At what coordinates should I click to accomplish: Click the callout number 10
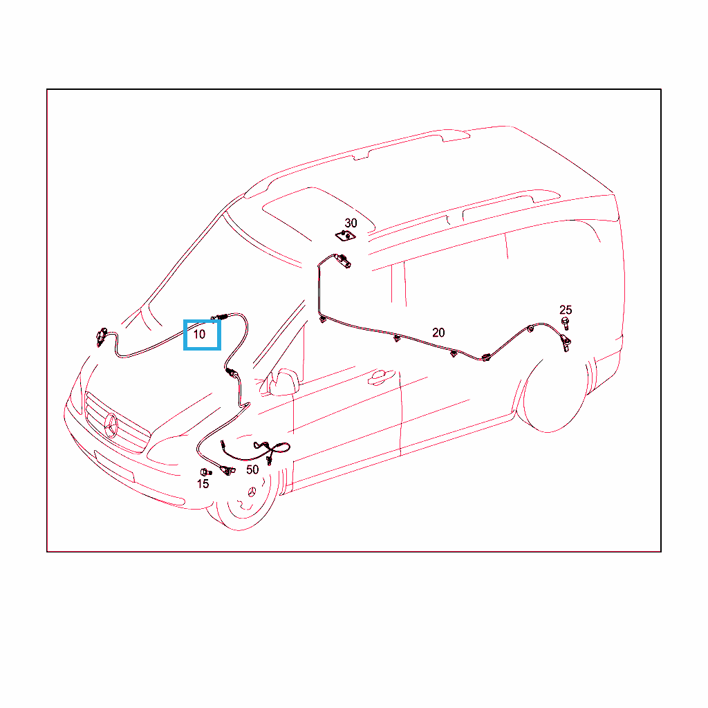pos(199,335)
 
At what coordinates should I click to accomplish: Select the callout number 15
pos(203,484)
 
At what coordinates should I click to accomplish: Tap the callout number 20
pos(438,333)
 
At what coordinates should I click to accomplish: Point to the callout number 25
pos(566,310)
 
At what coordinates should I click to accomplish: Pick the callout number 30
pos(351,223)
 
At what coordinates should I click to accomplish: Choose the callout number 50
pos(252,470)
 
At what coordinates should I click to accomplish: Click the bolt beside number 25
pos(566,324)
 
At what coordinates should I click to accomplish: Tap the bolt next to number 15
pos(205,472)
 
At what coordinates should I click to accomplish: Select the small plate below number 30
pos(346,235)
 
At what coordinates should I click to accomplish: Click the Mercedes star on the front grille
pos(111,426)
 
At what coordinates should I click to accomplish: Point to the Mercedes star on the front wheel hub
pos(252,492)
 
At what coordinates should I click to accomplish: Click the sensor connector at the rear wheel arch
pos(566,343)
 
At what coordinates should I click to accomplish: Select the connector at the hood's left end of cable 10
pos(102,337)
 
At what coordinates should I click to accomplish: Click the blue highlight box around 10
pos(202,335)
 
